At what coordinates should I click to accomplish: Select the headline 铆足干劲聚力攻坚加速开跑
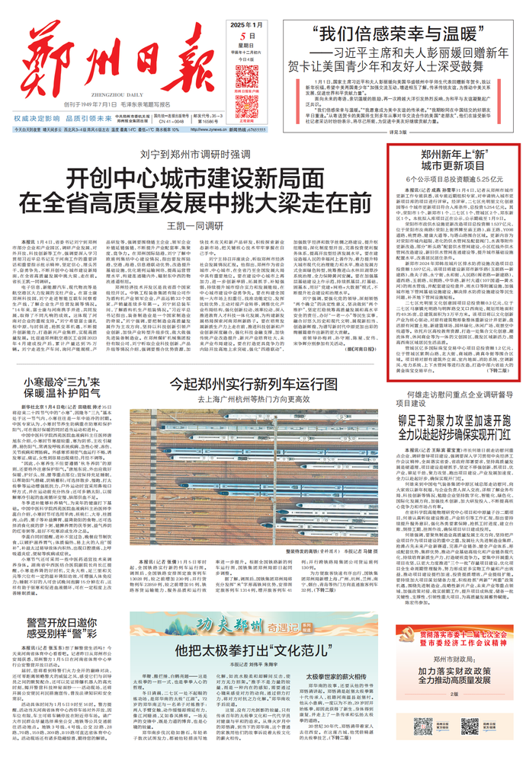pos(453,418)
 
